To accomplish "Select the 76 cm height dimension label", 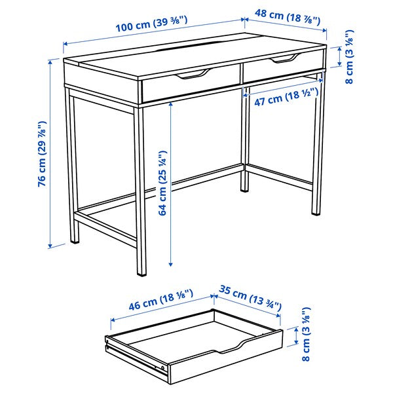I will click(x=42, y=154).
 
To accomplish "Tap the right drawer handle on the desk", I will click(x=283, y=60).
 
